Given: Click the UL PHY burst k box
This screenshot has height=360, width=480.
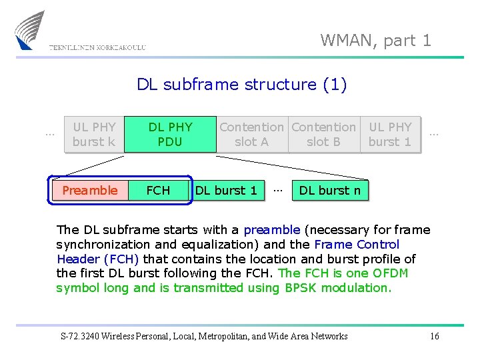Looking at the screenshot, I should pos(94,134).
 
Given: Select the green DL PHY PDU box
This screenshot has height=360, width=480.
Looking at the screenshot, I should pos(170,134).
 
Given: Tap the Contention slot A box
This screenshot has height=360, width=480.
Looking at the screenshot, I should pos(251,134).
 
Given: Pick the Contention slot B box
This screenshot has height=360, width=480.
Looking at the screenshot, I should pos(323,134).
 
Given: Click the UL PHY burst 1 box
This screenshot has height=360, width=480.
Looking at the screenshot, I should pos(390,134).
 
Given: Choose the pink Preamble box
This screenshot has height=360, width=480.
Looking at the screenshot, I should pos(89,191).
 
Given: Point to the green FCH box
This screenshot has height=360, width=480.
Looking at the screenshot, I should pos(158,191).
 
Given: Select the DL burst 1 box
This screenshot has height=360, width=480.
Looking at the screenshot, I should pos(226,191).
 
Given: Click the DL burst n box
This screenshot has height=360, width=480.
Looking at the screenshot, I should pos(329,191).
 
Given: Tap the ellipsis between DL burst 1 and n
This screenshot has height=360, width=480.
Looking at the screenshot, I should pos(278,189).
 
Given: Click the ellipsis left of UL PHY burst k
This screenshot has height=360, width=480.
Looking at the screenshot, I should pos(49,133).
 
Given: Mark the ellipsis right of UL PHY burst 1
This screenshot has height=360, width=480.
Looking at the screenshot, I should pos(434,133).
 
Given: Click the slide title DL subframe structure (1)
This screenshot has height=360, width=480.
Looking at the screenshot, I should pos(241,85).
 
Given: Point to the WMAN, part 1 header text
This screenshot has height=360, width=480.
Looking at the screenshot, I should pos(376,41).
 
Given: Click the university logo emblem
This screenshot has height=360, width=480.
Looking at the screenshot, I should pos(29,30).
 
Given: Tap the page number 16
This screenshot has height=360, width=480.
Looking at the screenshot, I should pos(434,336).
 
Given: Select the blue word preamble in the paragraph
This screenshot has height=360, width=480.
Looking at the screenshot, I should pos(272,231).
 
